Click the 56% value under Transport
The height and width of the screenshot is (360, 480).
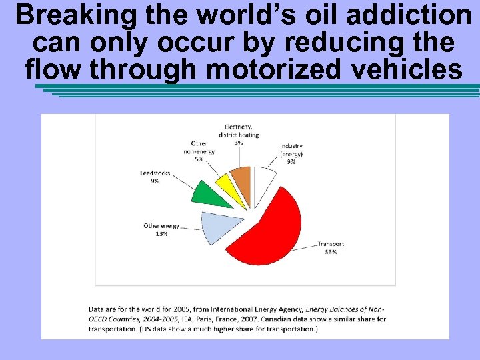331,252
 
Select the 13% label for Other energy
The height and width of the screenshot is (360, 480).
161,234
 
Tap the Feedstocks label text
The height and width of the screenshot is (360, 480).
155,173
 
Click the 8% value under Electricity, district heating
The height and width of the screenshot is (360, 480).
238,143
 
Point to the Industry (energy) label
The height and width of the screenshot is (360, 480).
291,150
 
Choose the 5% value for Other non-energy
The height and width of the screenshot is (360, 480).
199,159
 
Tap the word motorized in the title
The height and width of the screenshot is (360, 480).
290,69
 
